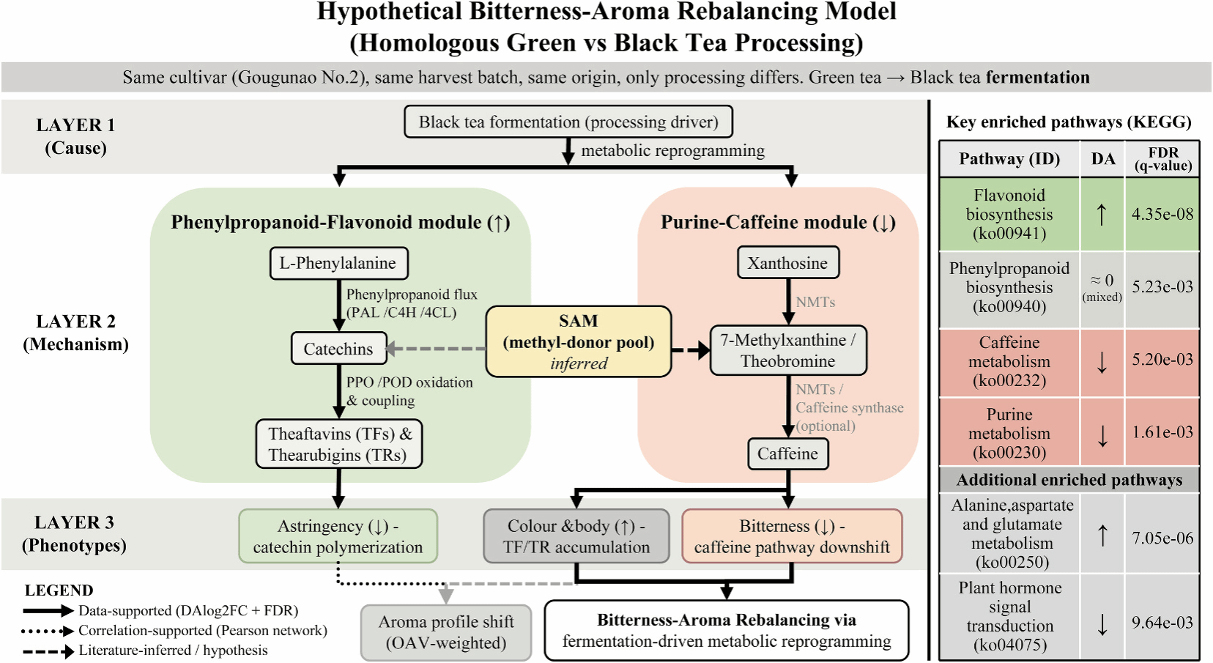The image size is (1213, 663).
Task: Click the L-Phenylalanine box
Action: pyautogui.click(x=338, y=264)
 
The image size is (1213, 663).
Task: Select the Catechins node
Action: pyautogui.click(x=338, y=349)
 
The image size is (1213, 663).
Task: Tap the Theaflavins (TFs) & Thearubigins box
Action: pyautogui.click(x=339, y=444)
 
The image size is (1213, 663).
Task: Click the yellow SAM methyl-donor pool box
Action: pyautogui.click(x=578, y=342)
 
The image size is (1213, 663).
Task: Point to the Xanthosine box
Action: pyautogui.click(x=787, y=264)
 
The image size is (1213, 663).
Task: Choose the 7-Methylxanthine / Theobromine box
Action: pyautogui.click(x=787, y=350)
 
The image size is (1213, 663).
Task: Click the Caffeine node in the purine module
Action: pyautogui.click(x=787, y=454)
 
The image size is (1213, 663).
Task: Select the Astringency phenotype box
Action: pyautogui.click(x=338, y=536)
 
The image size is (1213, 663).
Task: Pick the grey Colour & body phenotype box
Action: pyautogui.click(x=576, y=536)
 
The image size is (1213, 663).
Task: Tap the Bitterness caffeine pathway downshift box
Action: pyautogui.click(x=792, y=536)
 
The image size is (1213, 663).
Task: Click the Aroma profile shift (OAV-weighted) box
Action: pyautogui.click(x=445, y=632)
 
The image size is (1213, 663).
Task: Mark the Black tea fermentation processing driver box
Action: pyautogui.click(x=568, y=122)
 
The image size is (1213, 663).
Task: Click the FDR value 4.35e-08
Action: pyautogui.click(x=1162, y=214)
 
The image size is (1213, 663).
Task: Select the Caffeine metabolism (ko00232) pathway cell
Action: pyautogui.click(x=1009, y=361)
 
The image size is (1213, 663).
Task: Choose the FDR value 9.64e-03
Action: pyautogui.click(x=1162, y=623)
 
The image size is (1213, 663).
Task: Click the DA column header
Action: pyautogui.click(x=1102, y=159)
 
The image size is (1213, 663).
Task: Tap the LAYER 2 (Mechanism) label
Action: pyautogui.click(x=75, y=333)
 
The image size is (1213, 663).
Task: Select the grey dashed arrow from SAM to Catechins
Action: pyautogui.click(x=436, y=349)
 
